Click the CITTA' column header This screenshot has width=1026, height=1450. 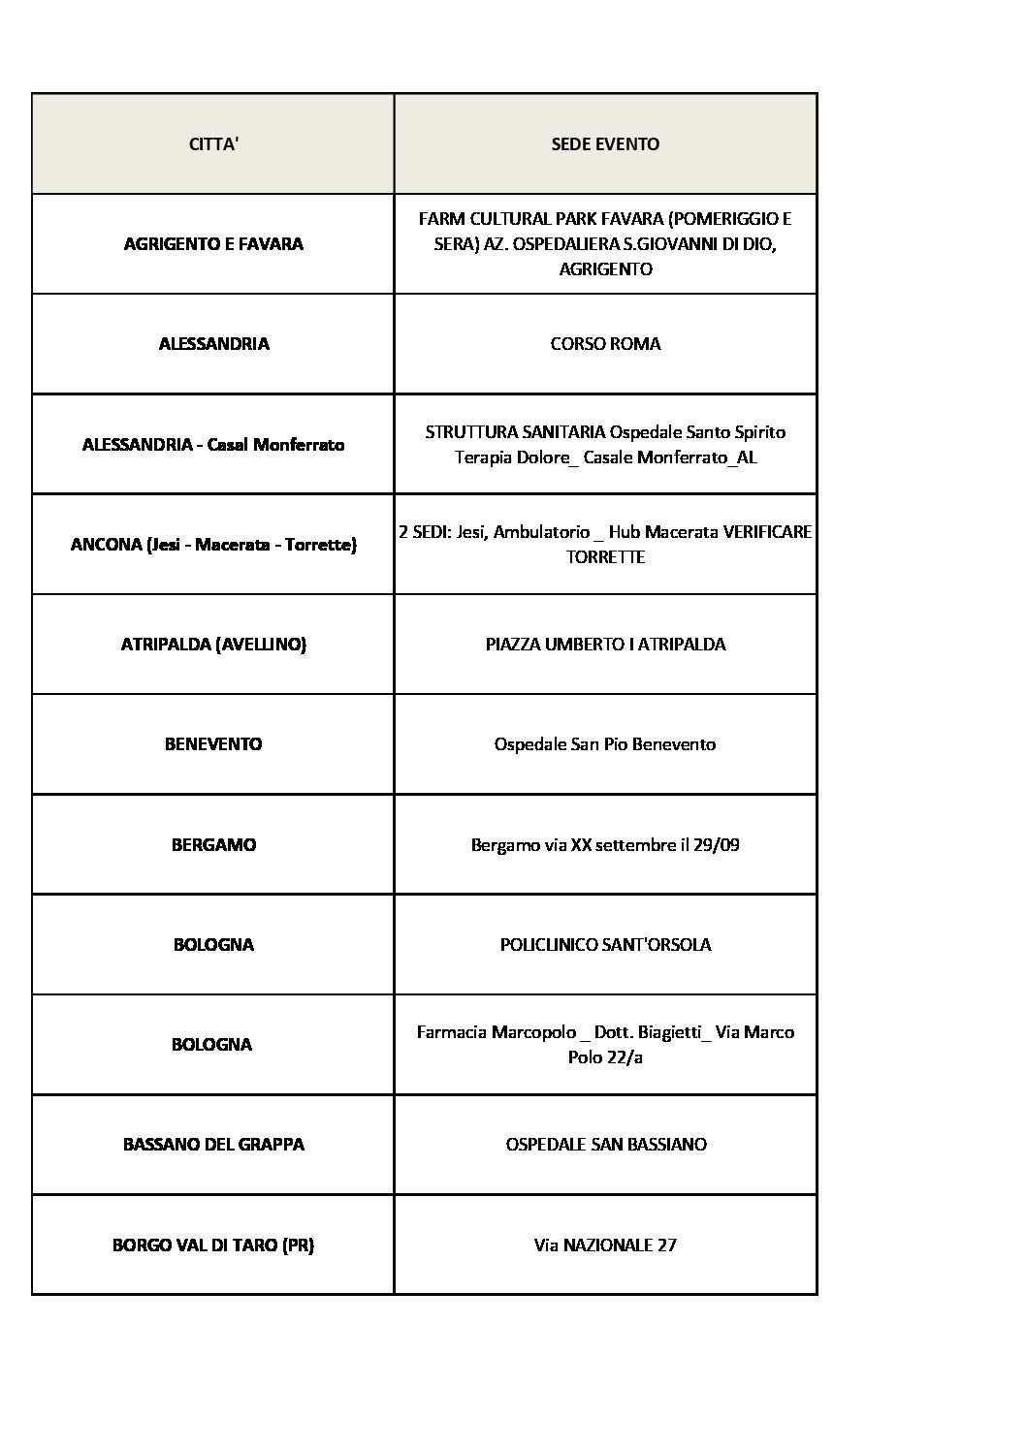[x=213, y=144]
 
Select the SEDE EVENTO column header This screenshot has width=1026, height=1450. [x=605, y=144]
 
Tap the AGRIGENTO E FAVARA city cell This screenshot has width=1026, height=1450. [x=213, y=244]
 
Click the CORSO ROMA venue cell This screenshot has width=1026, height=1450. [x=605, y=344]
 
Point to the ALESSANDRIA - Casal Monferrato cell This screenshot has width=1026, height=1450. [x=213, y=445]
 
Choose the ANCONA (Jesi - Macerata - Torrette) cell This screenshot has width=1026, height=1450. [x=213, y=545]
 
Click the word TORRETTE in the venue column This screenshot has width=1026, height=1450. [x=605, y=557]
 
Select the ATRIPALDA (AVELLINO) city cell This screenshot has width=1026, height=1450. [x=213, y=645]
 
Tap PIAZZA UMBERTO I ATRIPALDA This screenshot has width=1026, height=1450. [x=605, y=645]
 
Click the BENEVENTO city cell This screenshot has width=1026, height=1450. [x=213, y=744]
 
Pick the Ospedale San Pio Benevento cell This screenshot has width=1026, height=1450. [x=605, y=744]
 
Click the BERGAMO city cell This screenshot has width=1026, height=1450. [x=213, y=845]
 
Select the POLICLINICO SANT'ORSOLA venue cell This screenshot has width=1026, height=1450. [x=605, y=945]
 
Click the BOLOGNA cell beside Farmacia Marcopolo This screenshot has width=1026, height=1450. [x=213, y=1045]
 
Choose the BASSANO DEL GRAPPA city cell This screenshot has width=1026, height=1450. [x=213, y=1145]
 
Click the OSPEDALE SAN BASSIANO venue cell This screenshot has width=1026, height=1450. [x=605, y=1145]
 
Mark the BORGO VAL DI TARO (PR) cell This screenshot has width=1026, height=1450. [x=213, y=1245]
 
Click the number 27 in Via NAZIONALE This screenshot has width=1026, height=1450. [x=666, y=1245]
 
